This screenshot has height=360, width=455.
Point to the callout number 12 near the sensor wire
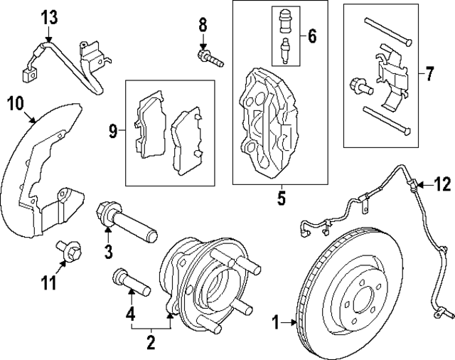click(x=442, y=185)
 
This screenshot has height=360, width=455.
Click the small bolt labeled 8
click(x=209, y=54)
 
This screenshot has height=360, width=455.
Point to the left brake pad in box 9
click(x=150, y=125)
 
